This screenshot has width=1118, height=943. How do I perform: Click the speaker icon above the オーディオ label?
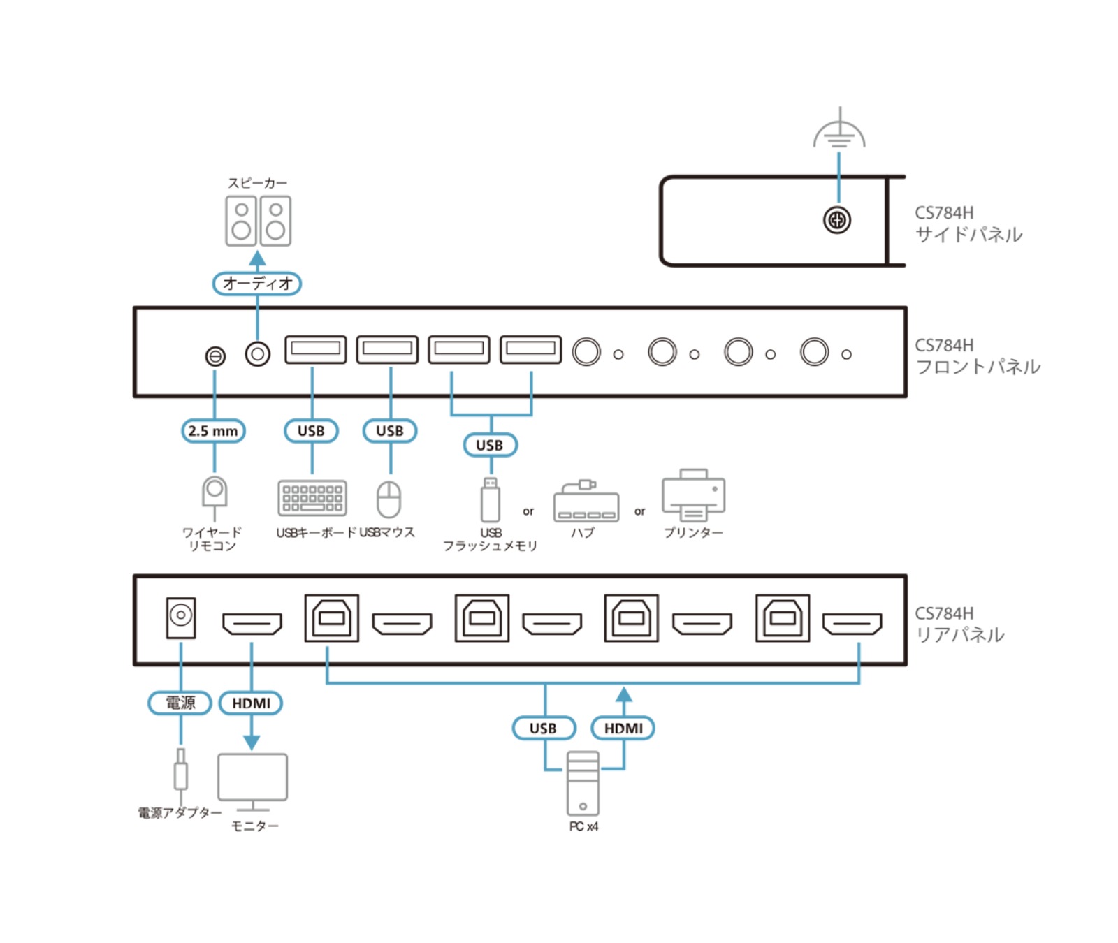(x=258, y=221)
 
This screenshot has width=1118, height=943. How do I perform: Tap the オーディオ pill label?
(x=256, y=284)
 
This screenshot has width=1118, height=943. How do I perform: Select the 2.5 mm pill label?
(x=213, y=431)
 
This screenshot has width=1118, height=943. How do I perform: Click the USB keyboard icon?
(x=312, y=498)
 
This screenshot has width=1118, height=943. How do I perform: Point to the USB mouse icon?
(x=389, y=499)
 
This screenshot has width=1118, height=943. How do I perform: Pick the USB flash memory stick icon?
(x=491, y=500)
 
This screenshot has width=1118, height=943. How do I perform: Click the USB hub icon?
(x=586, y=502)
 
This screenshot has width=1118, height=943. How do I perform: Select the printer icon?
(x=693, y=495)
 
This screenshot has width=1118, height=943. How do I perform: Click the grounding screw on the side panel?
(x=836, y=221)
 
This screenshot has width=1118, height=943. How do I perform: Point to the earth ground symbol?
(x=839, y=133)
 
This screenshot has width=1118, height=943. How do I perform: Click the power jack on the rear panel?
(x=181, y=617)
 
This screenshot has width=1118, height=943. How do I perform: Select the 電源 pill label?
(x=180, y=703)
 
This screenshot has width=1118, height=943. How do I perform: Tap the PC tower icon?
(x=583, y=783)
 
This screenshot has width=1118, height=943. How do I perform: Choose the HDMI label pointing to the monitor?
(x=251, y=703)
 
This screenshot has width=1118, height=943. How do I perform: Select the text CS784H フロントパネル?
(x=977, y=356)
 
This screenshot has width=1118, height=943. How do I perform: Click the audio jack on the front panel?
(x=257, y=354)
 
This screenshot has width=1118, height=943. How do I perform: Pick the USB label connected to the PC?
(x=544, y=728)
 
